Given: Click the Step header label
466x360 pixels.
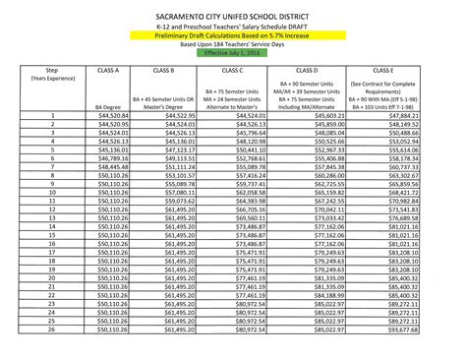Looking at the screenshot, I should tap(39, 69).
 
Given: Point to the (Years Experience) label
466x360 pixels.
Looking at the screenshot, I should tap(39, 78).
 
